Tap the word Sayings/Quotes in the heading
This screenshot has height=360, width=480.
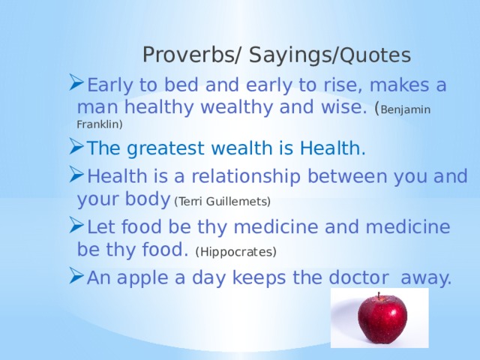[330, 55]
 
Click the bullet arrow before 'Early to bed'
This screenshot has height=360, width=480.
[76, 82]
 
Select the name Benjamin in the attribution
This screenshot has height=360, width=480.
[406, 109]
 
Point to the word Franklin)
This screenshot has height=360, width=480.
[100, 124]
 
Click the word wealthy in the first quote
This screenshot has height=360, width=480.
[236, 107]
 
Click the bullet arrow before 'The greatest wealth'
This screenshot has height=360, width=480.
[76, 146]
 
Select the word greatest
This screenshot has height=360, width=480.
[166, 148]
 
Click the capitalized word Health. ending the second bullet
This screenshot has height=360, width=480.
[333, 148]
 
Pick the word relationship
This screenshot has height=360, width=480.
[246, 177]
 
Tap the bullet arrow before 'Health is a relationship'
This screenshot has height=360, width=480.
[76, 174]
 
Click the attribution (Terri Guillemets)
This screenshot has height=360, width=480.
[223, 202]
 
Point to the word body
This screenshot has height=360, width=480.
[148, 199]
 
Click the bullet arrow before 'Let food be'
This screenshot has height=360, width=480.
[76, 225]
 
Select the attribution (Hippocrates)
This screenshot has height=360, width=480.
[236, 252]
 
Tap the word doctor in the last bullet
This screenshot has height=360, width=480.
[358, 277]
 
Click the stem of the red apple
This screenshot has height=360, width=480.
[379, 295]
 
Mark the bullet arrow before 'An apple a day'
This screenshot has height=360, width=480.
[76, 275]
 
